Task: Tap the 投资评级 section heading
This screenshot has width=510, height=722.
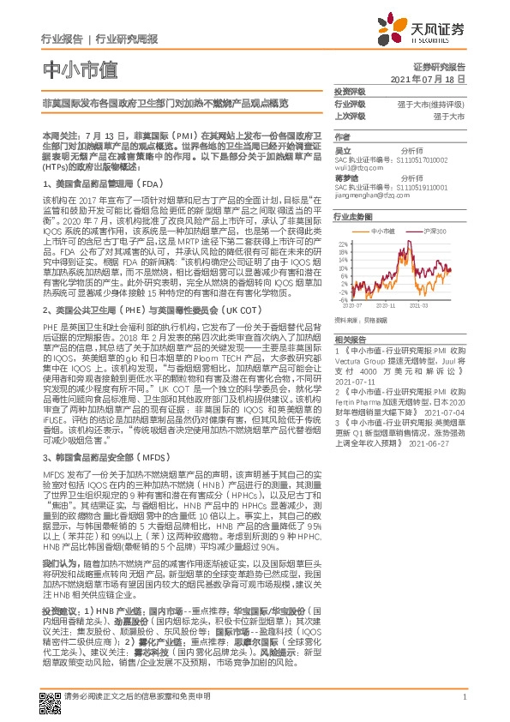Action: tap(350, 91)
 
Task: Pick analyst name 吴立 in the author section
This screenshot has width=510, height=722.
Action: tap(342, 150)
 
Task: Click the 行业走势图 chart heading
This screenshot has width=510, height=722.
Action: tap(352, 218)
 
